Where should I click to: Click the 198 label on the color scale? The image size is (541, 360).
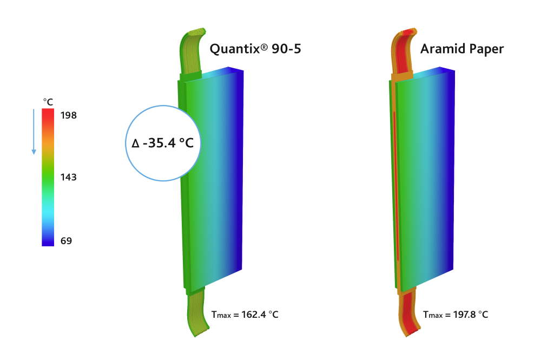click(x=68, y=115)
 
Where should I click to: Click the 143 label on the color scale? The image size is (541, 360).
click(x=68, y=177)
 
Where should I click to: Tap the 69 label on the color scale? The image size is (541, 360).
click(x=66, y=240)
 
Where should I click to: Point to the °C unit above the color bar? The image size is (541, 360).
click(x=48, y=102)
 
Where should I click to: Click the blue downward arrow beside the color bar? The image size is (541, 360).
click(x=34, y=132)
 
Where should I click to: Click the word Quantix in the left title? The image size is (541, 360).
click(x=235, y=49)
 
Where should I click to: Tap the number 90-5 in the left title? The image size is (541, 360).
click(x=286, y=49)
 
